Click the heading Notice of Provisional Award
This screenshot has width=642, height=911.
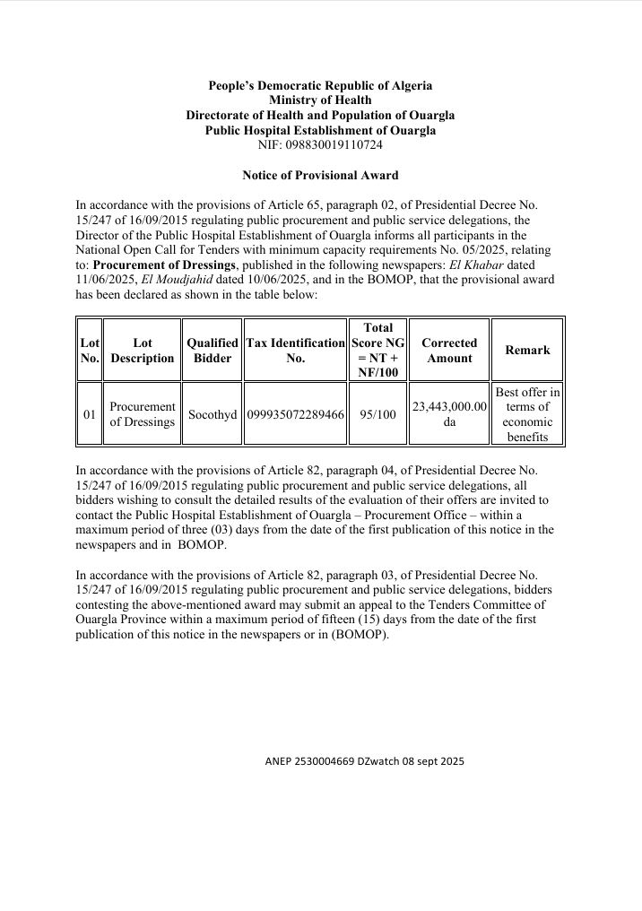[320, 175]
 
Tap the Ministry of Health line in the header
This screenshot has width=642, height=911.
[320, 100]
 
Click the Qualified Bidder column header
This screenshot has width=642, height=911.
[213, 350]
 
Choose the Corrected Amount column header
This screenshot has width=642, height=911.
[449, 350]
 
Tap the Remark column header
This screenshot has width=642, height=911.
[527, 350]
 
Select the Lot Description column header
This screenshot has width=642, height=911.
[142, 350]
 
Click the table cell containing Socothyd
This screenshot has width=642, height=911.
[213, 415]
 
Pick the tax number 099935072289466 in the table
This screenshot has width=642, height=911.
[295, 415]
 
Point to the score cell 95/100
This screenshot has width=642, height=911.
[377, 415]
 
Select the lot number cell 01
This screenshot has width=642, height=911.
[90, 415]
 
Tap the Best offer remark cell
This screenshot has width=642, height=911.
[527, 414]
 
